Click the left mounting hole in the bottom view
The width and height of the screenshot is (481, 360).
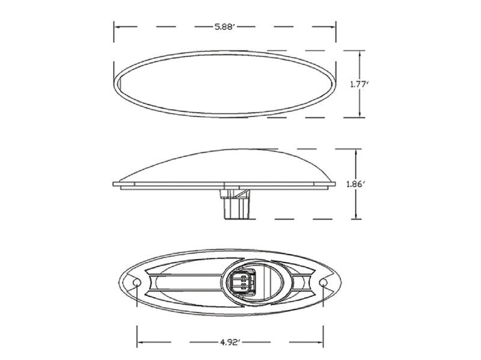coord(136,282)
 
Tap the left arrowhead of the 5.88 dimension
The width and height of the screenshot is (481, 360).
coord(117,26)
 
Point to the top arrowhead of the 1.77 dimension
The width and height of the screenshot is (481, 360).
coord(360,53)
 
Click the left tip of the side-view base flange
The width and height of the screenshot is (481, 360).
coord(114,184)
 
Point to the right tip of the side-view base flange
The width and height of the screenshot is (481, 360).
coord(335,184)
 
